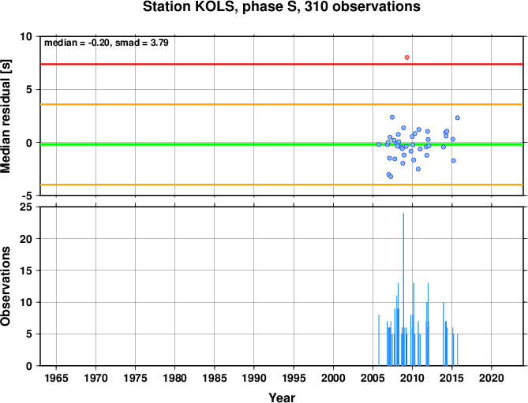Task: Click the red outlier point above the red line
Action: coord(406,58)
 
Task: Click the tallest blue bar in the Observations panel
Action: coord(403,289)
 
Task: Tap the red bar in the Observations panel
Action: coord(406,350)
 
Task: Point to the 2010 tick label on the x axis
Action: coord(412,378)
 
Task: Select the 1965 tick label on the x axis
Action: coord(56,378)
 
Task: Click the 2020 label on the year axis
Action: coord(491,378)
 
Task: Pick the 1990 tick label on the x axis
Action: coord(254,378)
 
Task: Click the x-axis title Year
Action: coord(282,397)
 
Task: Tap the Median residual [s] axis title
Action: coord(6,116)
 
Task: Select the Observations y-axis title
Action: coord(6,286)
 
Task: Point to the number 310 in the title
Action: coord(316,7)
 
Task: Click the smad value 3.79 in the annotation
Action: coord(159,43)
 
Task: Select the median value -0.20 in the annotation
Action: coord(99,43)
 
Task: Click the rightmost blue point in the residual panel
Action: coord(457,118)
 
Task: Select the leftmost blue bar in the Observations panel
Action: coord(379,340)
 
